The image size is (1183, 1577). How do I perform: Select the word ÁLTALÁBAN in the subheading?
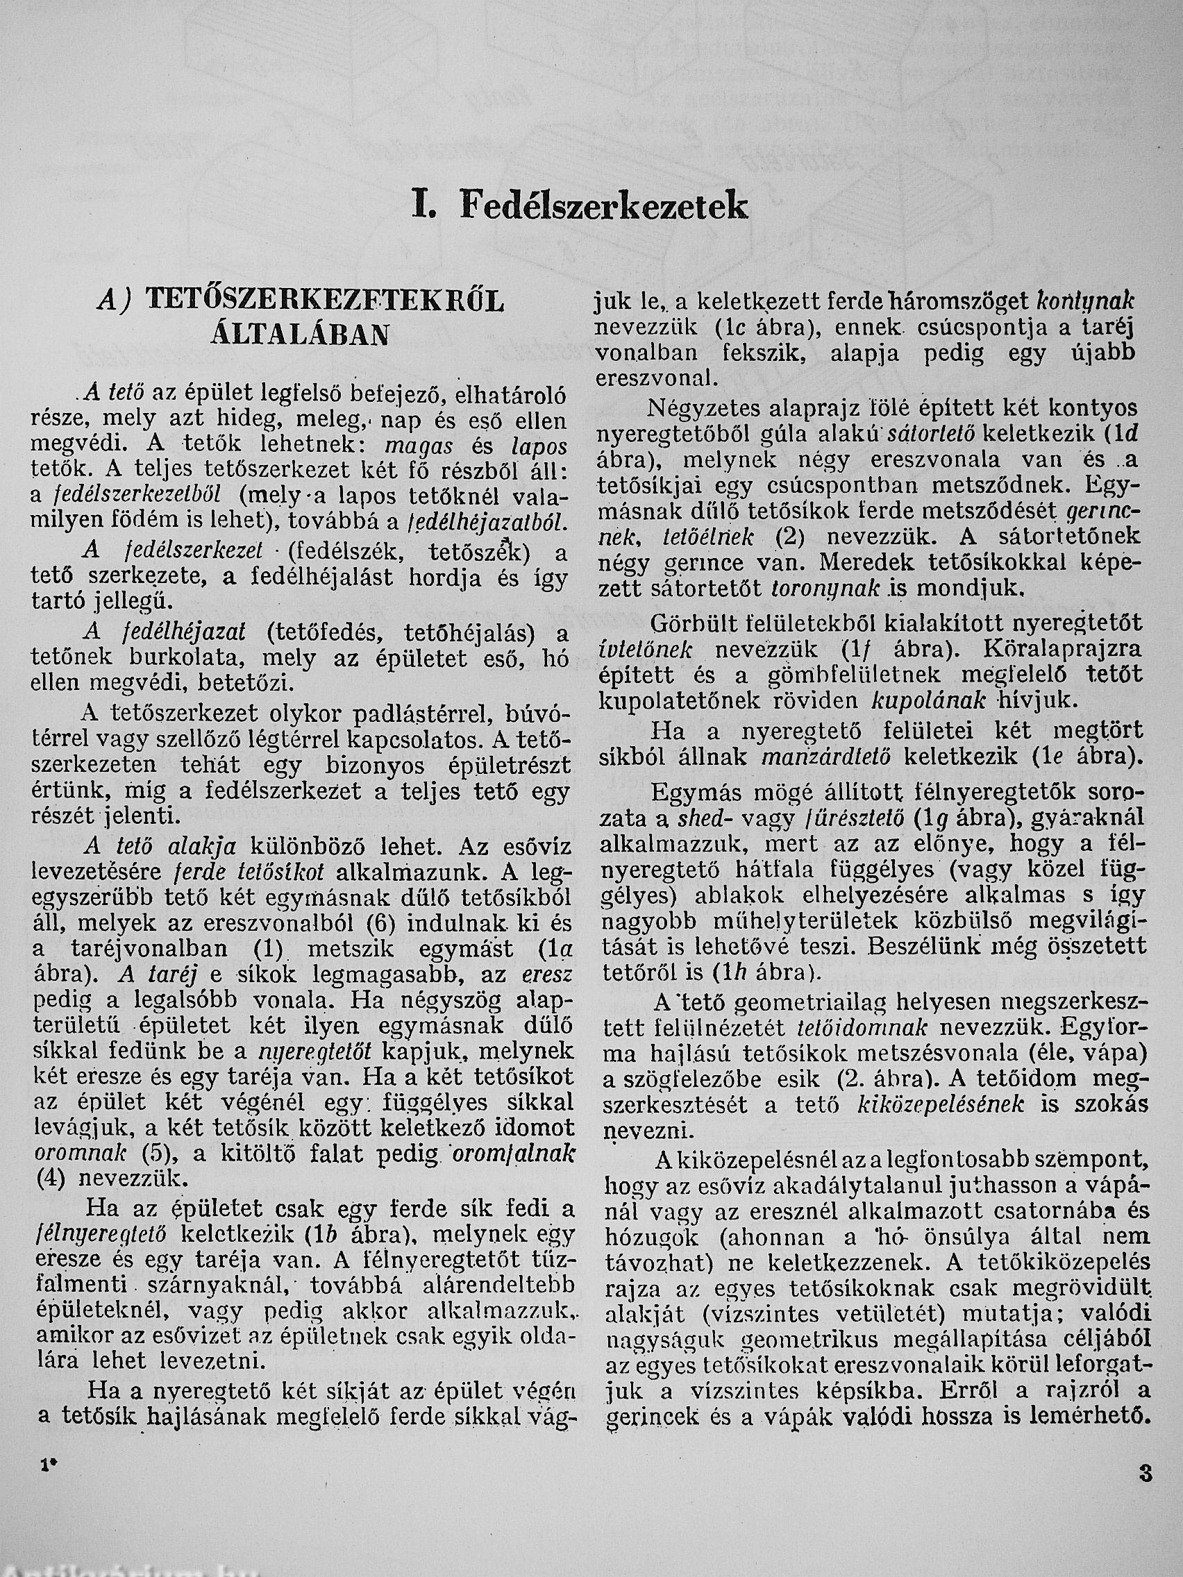tap(299, 334)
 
